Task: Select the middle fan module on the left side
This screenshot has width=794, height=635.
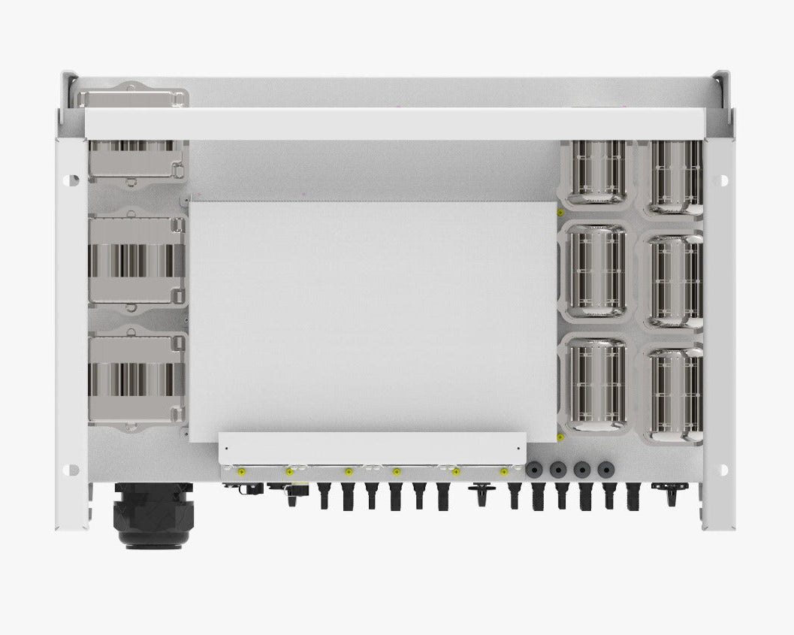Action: click(x=136, y=260)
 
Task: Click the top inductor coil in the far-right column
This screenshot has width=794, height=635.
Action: click(x=675, y=177)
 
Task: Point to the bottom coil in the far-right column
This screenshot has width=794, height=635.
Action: click(x=675, y=394)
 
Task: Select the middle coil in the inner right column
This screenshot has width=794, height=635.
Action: click(x=596, y=270)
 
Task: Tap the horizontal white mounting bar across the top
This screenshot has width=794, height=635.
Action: click(x=394, y=124)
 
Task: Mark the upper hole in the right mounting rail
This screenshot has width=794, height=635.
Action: click(x=723, y=180)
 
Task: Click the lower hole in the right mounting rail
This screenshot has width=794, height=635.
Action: click(x=723, y=470)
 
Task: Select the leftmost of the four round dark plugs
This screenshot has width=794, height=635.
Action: click(x=533, y=470)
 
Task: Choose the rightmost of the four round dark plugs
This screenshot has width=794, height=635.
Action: click(x=605, y=470)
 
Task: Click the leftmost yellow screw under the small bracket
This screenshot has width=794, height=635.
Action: click(x=241, y=472)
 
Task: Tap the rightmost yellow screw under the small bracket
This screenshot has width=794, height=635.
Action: click(x=504, y=472)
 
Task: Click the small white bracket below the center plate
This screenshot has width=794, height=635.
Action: click(x=372, y=448)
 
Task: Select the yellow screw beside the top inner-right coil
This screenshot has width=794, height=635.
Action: click(x=560, y=213)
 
